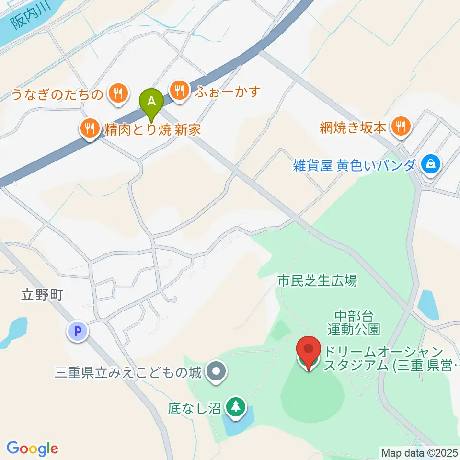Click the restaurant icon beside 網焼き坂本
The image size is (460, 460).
[399, 127]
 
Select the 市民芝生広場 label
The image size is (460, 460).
[317, 281]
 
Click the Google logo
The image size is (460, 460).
[33, 448]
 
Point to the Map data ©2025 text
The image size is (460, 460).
[420, 452]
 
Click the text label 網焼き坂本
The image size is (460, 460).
[354, 127]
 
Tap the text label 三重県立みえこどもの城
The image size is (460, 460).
[128, 371]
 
